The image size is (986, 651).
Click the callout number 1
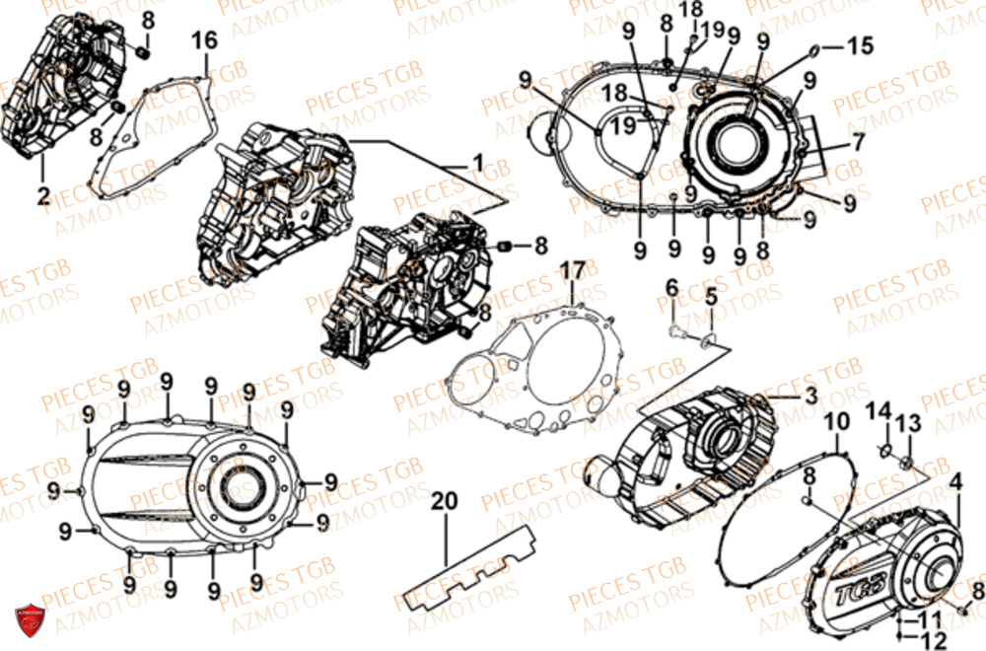pyautogui.click(x=477, y=161)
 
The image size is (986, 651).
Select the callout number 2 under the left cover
pyautogui.click(x=43, y=195)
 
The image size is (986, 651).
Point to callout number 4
pyautogui.click(x=953, y=482)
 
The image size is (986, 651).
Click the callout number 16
pyautogui.click(x=204, y=40)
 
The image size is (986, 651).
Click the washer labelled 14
pyautogui.click(x=884, y=452)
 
